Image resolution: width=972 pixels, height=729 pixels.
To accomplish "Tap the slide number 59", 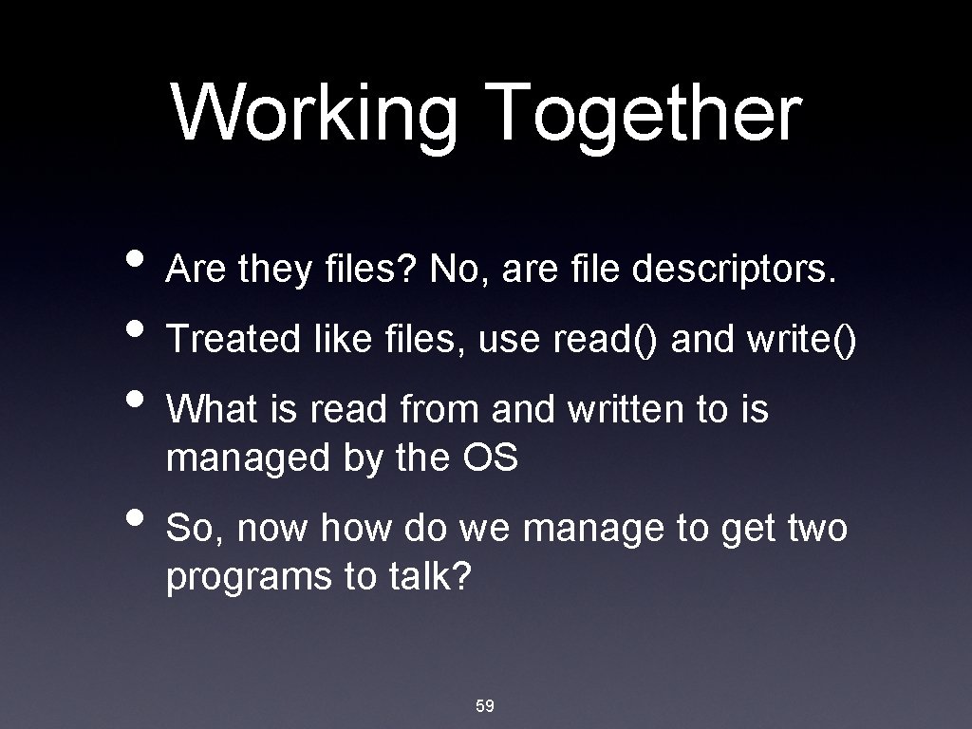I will click(x=485, y=705).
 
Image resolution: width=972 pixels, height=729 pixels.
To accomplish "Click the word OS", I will click(x=490, y=458).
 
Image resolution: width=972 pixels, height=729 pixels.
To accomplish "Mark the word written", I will click(x=612, y=410).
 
